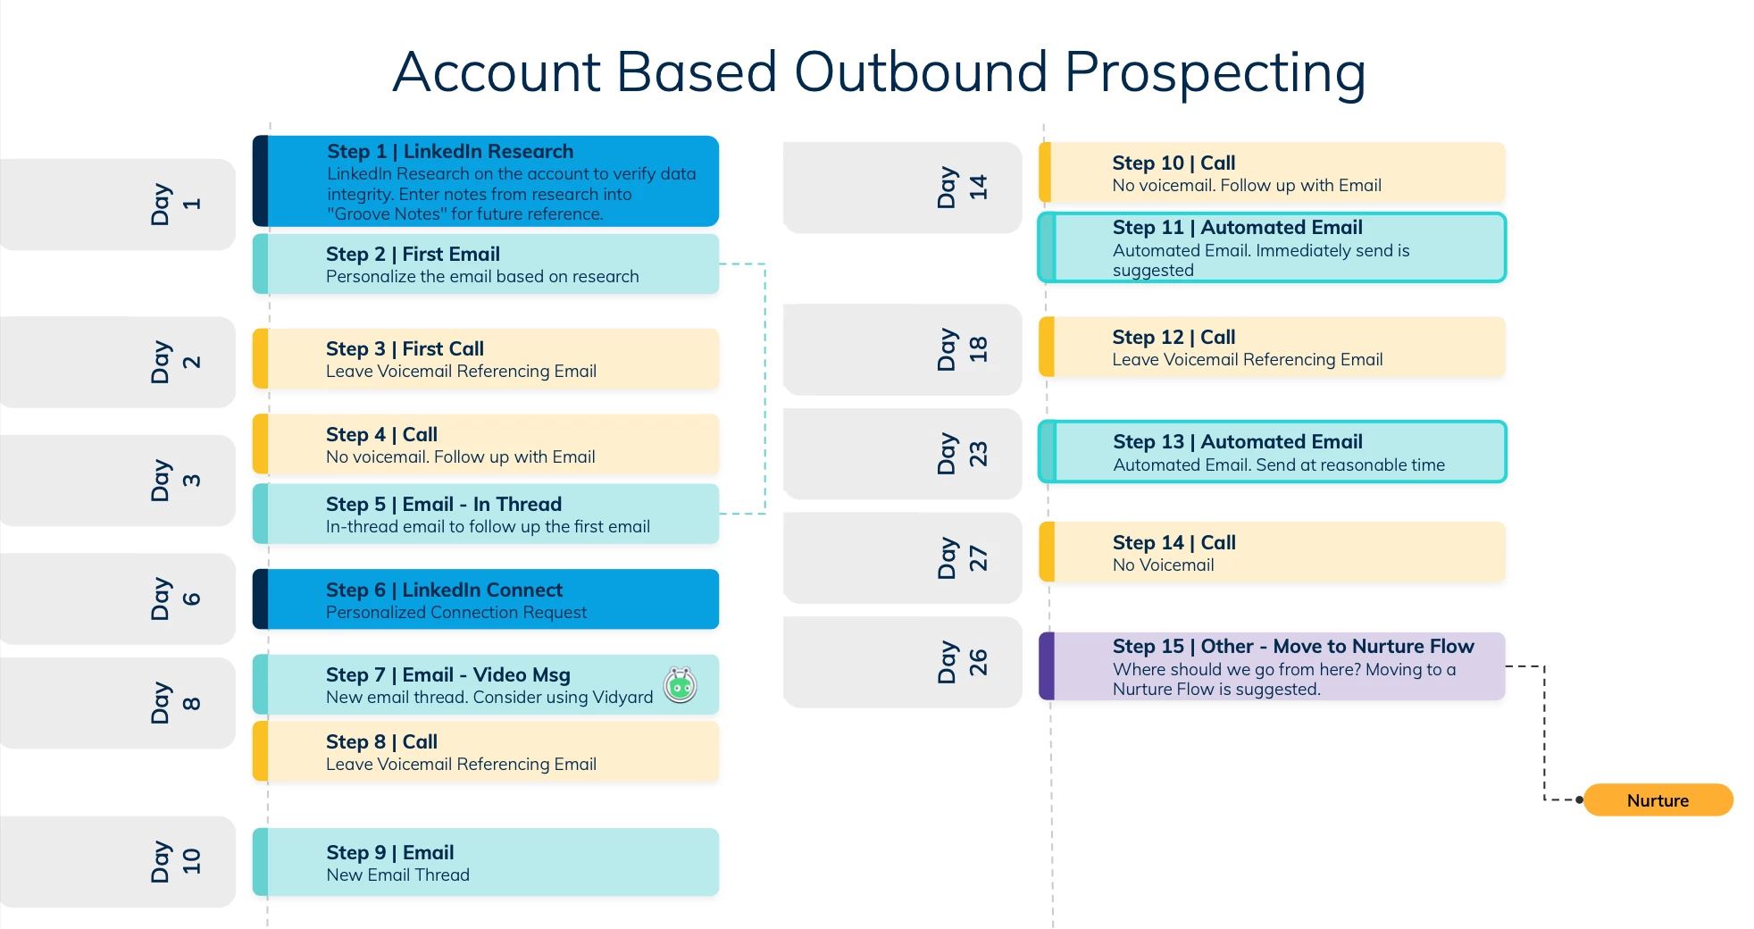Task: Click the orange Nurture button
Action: coord(1658,799)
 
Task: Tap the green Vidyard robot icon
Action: coord(681,685)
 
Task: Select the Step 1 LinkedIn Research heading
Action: coord(450,151)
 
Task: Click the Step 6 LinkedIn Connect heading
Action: coord(444,590)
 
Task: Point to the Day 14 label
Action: coord(963,187)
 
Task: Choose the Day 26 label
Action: coord(963,662)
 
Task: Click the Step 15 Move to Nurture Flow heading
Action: coord(1293,646)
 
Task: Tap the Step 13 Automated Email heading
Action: coord(1238,441)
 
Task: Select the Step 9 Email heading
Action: coord(390,852)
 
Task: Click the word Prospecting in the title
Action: coord(1215,72)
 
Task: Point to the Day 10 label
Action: coord(176,861)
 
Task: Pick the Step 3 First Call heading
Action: coord(405,348)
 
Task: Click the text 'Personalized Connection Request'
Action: coord(456,612)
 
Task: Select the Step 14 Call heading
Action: coord(1174,542)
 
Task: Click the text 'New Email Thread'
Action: coord(397,875)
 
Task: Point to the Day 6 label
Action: coord(176,598)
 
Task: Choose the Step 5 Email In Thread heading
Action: coord(444,504)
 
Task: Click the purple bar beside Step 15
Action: coord(1047,666)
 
